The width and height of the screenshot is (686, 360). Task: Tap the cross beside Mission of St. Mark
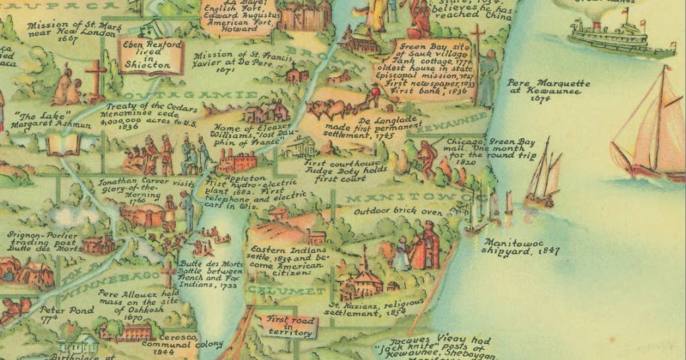click(95, 80)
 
